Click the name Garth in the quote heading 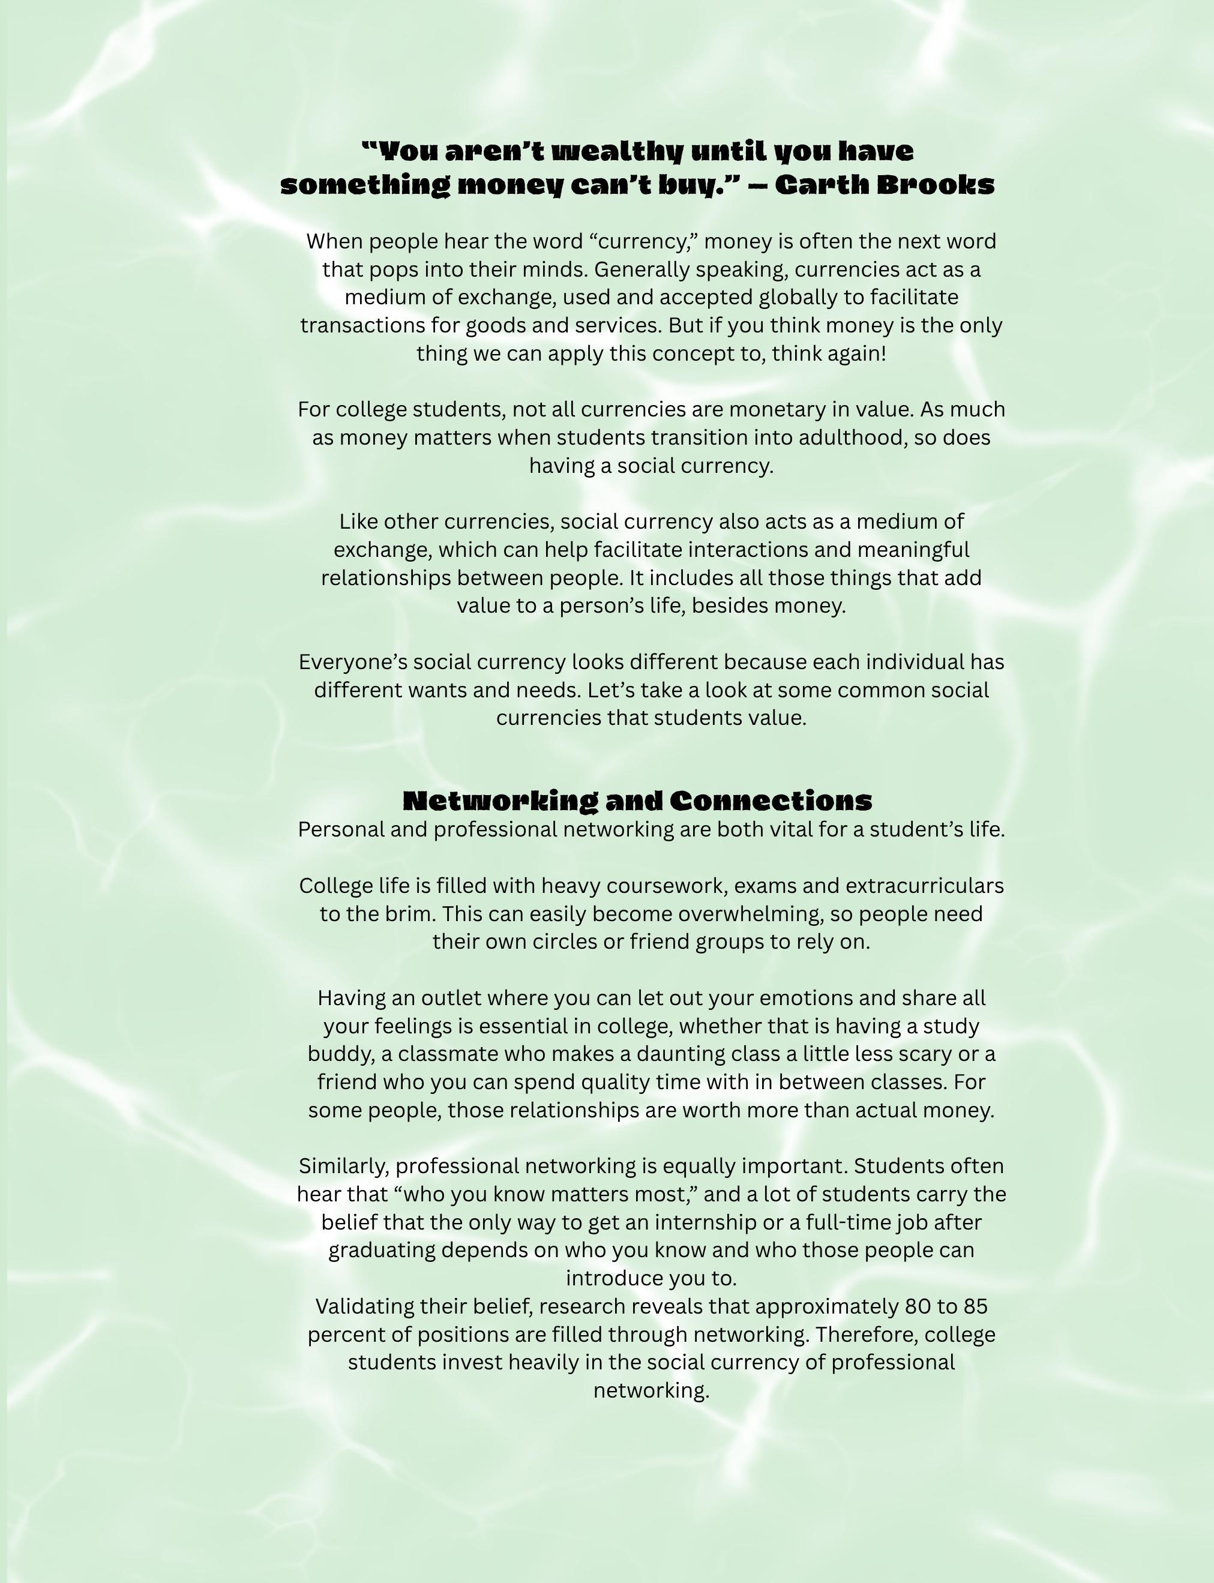[821, 185]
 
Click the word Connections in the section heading [771, 801]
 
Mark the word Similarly [343, 1167]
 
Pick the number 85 [975, 1307]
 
